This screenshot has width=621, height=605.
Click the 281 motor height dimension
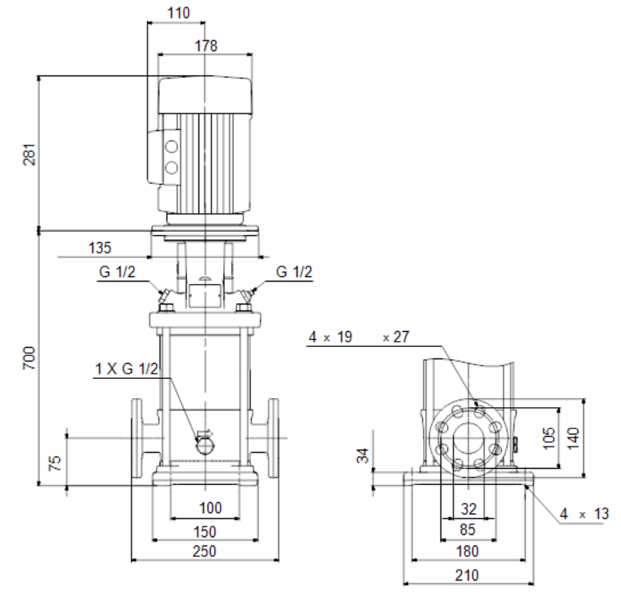click(30, 154)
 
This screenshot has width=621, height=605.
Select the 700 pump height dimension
click(29, 358)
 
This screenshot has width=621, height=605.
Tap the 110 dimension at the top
click(179, 13)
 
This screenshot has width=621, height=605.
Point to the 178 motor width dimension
click(206, 46)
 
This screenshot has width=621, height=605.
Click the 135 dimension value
click(100, 248)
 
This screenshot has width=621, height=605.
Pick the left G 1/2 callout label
click(117, 272)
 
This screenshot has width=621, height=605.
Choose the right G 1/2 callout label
click(294, 272)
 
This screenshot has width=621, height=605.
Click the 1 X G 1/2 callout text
click(127, 368)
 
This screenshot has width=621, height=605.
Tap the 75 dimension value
click(55, 463)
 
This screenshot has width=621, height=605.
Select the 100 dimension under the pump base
click(210, 508)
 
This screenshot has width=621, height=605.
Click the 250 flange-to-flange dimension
click(205, 551)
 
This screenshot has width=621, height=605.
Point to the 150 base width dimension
click(205, 532)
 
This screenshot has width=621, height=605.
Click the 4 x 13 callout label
click(584, 514)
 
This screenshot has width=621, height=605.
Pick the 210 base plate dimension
click(467, 575)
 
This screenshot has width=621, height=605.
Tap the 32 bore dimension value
click(469, 509)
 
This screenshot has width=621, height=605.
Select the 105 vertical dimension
click(549, 438)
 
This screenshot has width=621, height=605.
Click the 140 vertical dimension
click(573, 438)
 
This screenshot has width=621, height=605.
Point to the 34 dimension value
click(363, 455)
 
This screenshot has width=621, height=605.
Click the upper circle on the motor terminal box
click(171, 147)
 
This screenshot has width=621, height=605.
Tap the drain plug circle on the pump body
click(205, 446)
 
